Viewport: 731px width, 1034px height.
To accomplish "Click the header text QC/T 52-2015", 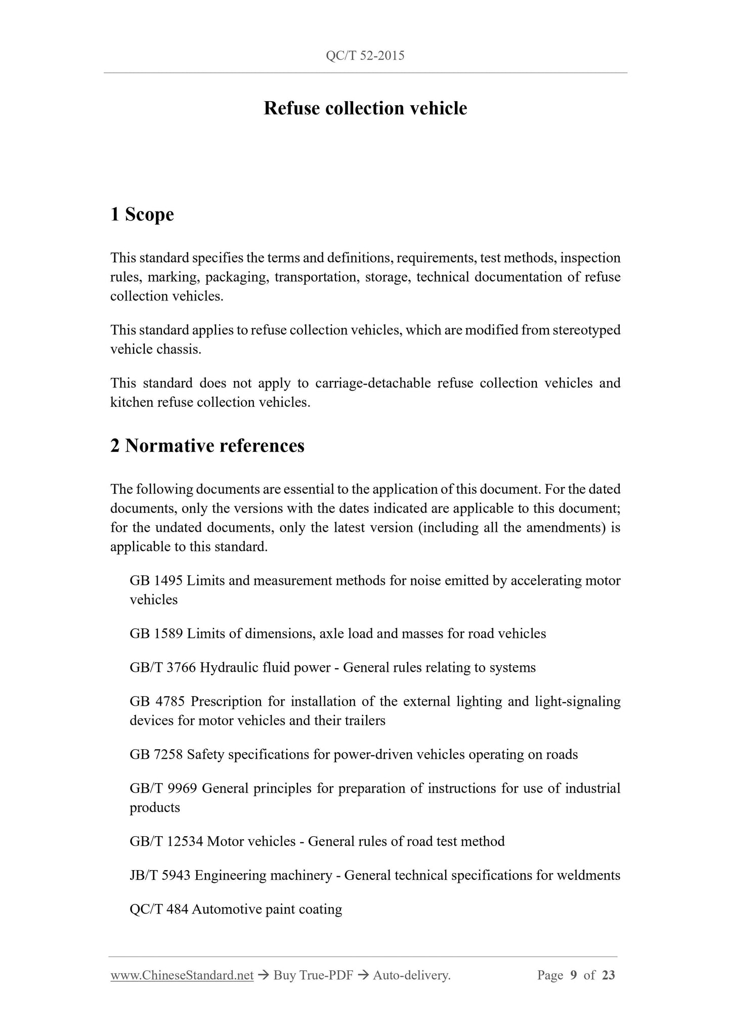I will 365,56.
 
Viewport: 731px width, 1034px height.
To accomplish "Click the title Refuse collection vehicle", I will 365,108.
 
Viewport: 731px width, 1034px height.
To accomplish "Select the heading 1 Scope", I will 142,214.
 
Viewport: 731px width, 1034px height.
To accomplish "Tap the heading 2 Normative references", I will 207,446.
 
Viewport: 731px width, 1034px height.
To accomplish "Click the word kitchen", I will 132,403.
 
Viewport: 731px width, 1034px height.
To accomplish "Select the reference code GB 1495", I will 156,581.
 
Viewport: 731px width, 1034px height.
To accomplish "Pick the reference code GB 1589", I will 156,634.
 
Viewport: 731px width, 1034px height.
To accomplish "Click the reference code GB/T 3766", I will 162,668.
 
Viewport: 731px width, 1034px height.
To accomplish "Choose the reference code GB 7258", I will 156,755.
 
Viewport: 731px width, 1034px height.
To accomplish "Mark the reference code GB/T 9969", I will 163,789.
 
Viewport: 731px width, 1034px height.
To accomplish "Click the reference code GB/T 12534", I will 166,842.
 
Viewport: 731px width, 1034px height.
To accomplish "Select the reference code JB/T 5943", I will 160,876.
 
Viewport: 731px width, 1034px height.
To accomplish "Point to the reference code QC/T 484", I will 159,910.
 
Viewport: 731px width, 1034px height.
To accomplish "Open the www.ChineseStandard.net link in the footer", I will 182,975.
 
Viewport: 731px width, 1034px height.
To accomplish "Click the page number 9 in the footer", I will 573,975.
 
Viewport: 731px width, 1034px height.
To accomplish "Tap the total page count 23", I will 609,975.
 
